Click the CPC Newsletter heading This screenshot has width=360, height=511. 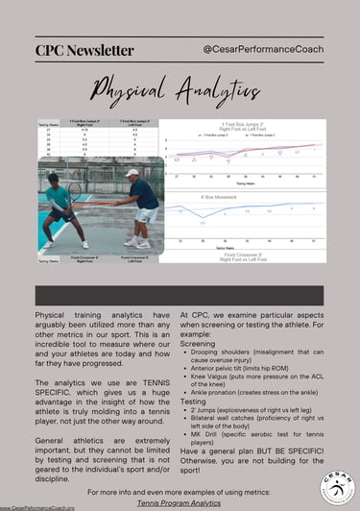[x=84, y=49]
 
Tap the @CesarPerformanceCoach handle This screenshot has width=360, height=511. [x=262, y=47]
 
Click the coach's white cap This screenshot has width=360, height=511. [x=132, y=173]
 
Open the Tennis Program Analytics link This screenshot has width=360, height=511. [x=177, y=501]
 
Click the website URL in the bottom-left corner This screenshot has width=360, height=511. [x=37, y=507]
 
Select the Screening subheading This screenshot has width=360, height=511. [x=199, y=342]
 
